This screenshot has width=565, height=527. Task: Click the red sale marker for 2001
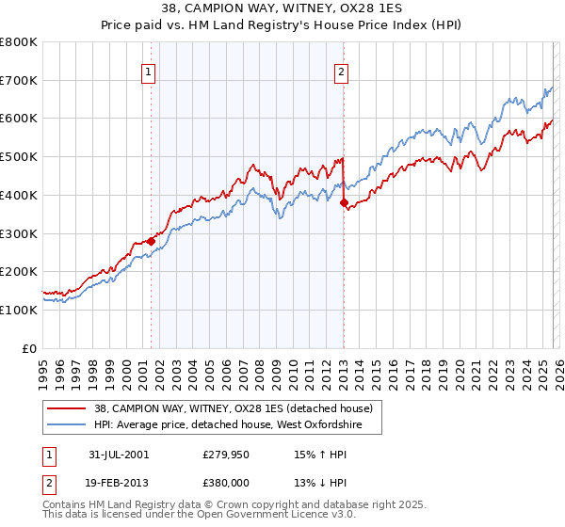coord(151,241)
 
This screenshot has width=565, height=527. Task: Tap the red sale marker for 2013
coord(344,202)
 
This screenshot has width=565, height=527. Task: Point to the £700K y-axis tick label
coord(19,81)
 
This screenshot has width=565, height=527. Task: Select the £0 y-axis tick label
coord(29,348)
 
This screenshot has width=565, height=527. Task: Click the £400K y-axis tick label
coord(19,196)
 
